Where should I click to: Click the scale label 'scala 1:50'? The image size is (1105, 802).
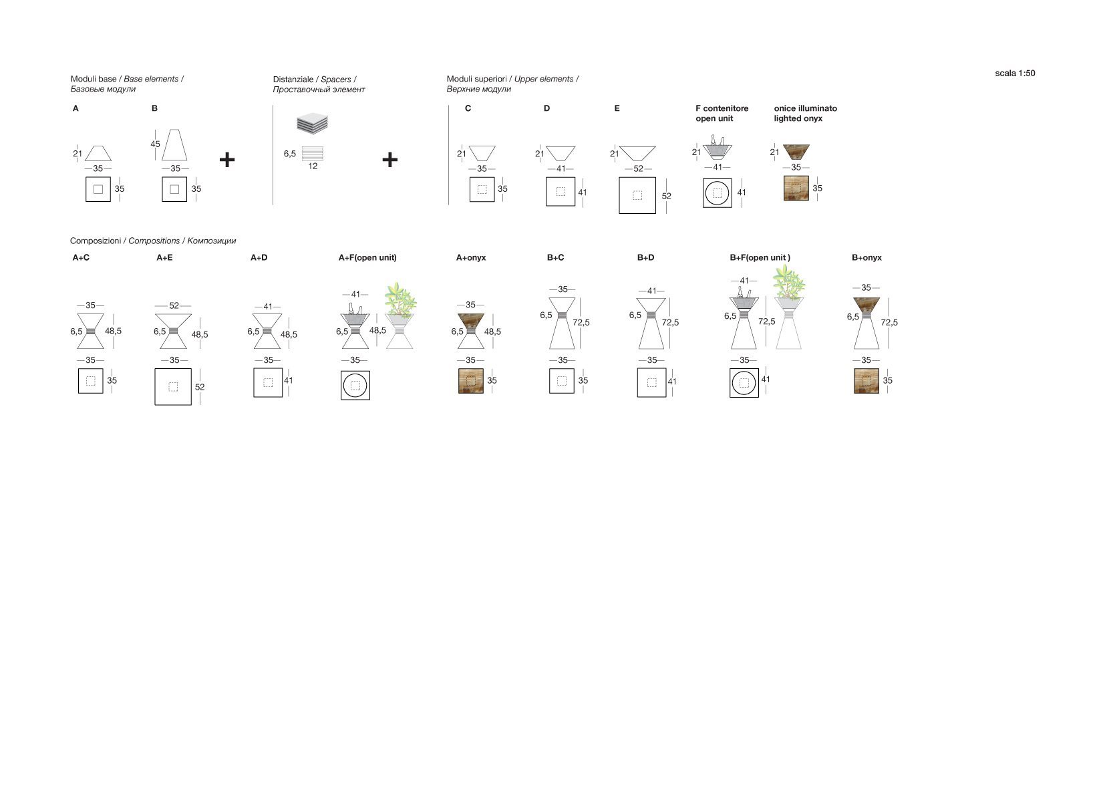click(1015, 73)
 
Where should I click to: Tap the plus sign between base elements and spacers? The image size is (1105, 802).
click(227, 160)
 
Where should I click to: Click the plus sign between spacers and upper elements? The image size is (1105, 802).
click(389, 160)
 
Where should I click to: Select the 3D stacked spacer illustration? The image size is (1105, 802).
click(312, 124)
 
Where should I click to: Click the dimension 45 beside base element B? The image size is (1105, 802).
click(155, 144)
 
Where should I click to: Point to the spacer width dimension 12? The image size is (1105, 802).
click(313, 166)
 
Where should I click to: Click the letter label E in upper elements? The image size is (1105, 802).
click(617, 108)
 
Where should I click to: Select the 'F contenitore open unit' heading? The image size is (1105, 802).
click(722, 113)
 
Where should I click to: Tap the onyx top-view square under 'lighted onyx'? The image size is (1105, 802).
click(796, 188)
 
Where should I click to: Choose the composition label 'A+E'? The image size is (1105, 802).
click(164, 257)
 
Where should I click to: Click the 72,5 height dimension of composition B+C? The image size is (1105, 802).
click(581, 322)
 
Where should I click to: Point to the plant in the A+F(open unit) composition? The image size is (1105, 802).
click(400, 299)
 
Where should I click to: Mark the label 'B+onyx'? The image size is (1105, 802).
click(866, 257)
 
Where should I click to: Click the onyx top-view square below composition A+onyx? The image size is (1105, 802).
click(470, 381)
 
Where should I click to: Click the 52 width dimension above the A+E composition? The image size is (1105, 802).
click(174, 305)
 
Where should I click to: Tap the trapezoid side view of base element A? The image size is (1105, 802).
click(98, 154)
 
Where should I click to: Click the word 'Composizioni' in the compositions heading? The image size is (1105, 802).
click(96, 241)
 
